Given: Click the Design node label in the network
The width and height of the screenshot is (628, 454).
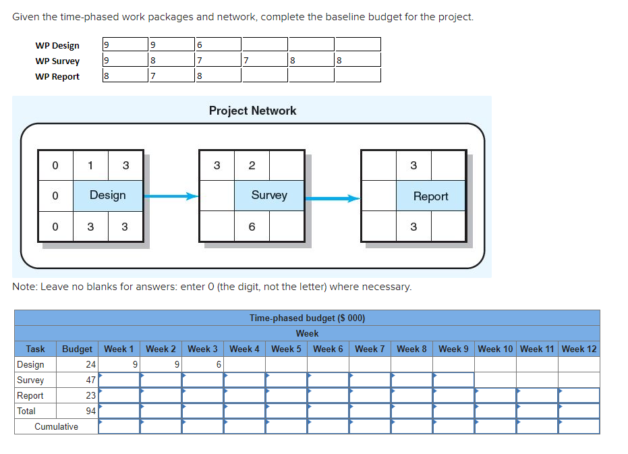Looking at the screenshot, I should [107, 195].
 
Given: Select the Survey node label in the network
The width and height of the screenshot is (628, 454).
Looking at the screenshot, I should [269, 195].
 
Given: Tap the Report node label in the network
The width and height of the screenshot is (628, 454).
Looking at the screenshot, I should [430, 196].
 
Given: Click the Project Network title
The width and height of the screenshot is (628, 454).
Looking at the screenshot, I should [252, 111].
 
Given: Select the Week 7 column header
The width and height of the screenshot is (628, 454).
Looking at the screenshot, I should [370, 349].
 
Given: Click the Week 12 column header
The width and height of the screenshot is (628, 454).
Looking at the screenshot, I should [579, 349].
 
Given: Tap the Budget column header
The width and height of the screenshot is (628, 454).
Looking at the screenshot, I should [77, 349].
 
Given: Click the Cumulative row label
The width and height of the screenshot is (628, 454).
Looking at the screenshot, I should [56, 426].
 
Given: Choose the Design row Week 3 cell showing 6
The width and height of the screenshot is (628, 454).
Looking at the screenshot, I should [203, 364].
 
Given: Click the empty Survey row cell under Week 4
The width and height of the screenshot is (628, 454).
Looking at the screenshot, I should [244, 380].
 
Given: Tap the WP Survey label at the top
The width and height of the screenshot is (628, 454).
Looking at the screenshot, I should [57, 61].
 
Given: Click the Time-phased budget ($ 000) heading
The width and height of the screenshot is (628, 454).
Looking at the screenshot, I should [307, 318].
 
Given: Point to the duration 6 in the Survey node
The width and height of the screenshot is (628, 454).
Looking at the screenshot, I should [252, 227].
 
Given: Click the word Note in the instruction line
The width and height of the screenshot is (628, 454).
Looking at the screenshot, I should [25, 287].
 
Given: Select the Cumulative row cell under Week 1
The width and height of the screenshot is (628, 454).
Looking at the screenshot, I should [119, 426].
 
